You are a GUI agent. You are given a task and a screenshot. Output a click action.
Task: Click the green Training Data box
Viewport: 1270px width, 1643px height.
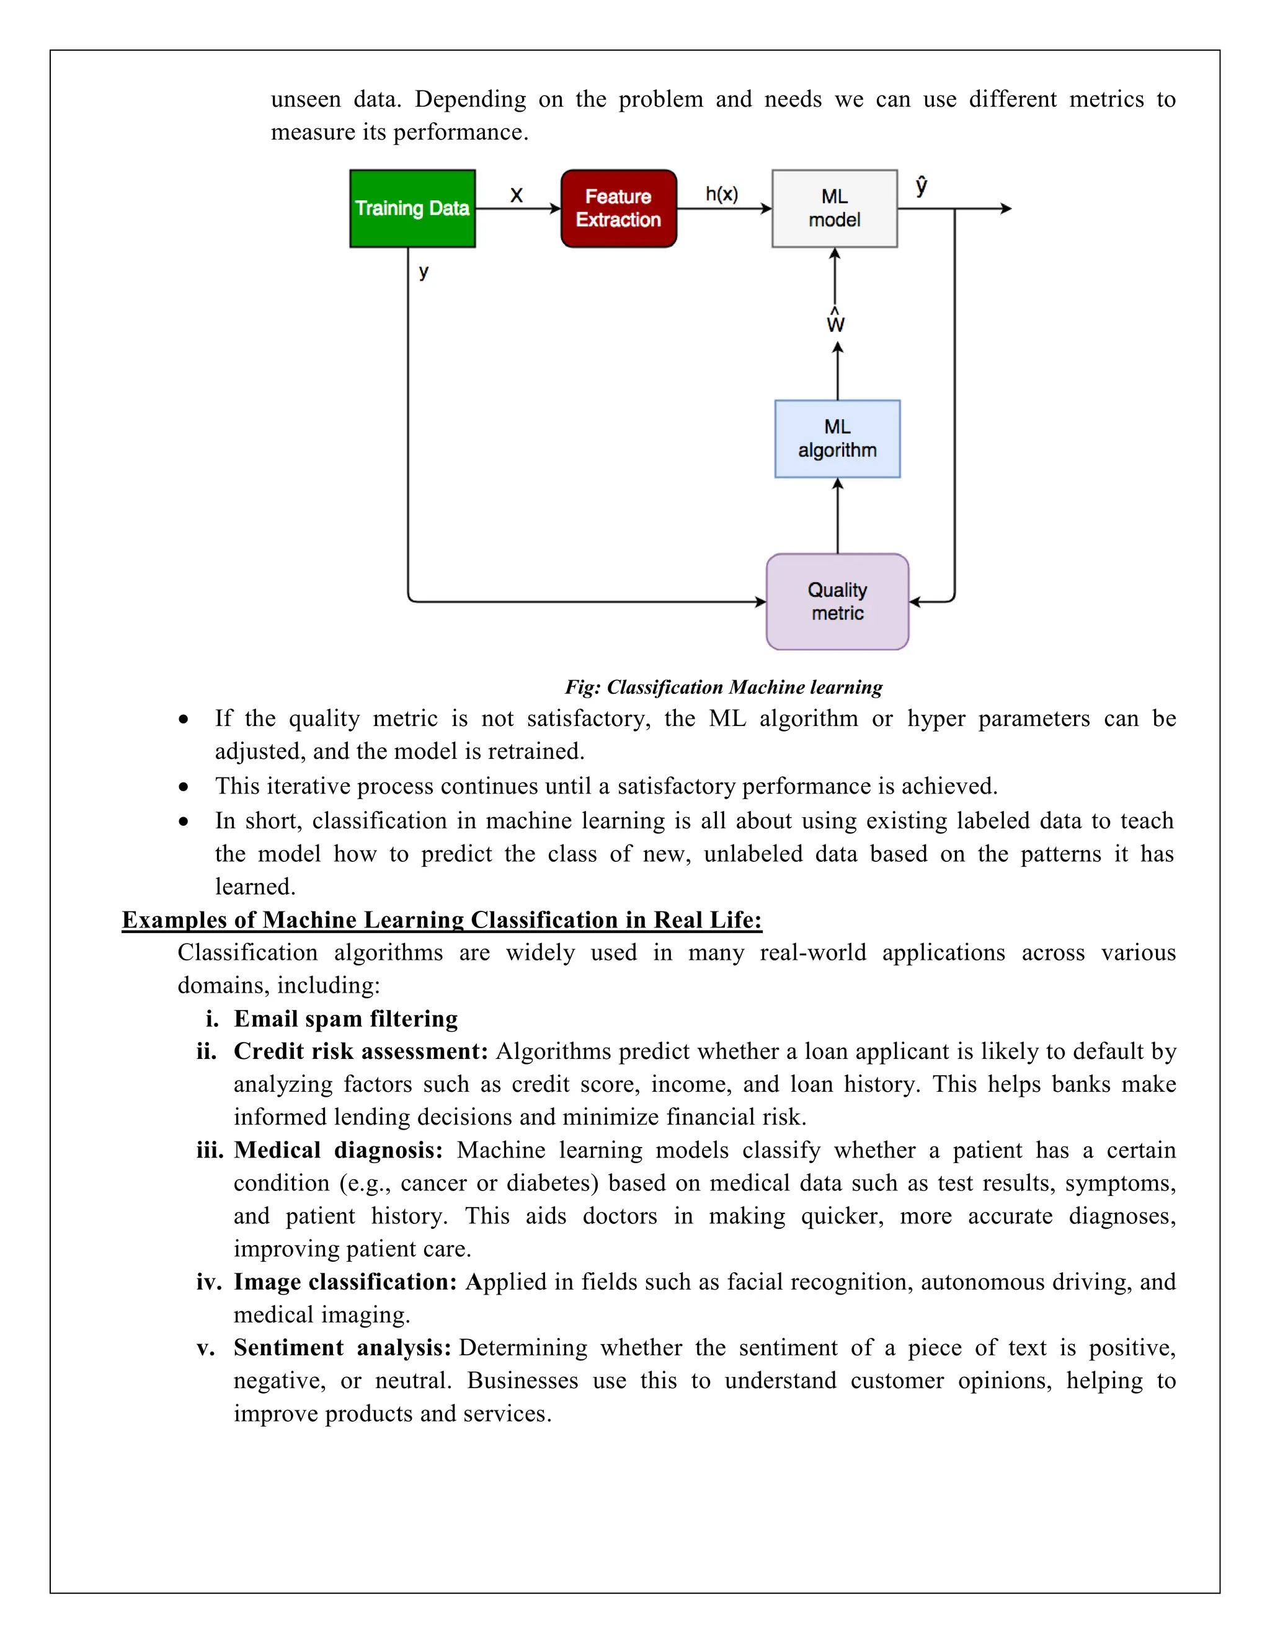pos(412,208)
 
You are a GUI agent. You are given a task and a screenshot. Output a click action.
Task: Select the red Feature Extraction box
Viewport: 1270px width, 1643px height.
pos(618,208)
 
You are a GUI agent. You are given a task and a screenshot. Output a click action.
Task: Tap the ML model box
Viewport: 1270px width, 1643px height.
pos(835,208)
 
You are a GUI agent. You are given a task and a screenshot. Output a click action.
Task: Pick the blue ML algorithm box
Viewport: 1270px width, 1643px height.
pos(837,438)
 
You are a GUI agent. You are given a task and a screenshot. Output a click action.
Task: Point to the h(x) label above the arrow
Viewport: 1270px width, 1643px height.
pos(722,194)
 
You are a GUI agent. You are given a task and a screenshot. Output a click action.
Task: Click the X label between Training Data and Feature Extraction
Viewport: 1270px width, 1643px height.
pos(516,195)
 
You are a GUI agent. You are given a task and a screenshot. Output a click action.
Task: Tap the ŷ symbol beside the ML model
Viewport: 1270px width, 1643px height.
pos(921,186)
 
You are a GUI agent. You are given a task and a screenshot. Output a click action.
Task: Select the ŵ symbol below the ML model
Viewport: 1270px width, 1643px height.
pos(835,321)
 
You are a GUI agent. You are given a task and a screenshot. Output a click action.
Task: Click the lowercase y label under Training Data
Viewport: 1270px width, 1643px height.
pos(424,272)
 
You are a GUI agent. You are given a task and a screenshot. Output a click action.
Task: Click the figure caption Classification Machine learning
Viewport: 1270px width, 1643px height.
pos(724,687)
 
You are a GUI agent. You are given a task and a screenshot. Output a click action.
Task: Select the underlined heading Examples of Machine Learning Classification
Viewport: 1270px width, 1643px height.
pos(442,920)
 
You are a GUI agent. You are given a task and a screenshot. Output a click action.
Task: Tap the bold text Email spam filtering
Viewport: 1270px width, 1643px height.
pos(345,1019)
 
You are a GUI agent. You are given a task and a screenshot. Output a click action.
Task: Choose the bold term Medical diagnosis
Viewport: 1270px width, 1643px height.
pos(338,1150)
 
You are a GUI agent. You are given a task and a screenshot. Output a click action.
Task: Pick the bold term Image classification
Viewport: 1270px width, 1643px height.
pos(345,1282)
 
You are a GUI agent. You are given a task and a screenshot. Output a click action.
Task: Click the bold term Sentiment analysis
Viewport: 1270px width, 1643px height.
pos(342,1347)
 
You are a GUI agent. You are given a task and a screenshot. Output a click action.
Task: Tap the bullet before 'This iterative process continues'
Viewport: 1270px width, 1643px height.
pos(184,787)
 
